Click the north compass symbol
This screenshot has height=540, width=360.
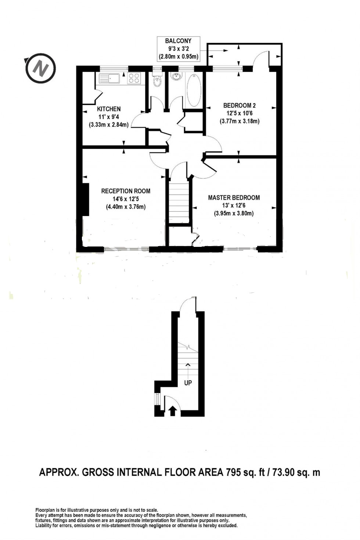[x=40, y=68]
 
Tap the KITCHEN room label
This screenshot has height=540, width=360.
[x=109, y=109]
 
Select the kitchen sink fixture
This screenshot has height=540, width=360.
[x=109, y=78]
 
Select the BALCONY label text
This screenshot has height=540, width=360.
[x=178, y=41]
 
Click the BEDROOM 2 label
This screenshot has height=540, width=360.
[x=240, y=106]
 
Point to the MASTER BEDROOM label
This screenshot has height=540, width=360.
[x=234, y=198]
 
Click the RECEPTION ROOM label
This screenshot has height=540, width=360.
[x=126, y=191]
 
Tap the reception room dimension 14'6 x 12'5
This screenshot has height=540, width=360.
[x=126, y=199]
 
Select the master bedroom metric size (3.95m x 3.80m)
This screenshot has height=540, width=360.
[x=234, y=213]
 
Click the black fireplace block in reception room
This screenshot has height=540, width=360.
[x=85, y=199]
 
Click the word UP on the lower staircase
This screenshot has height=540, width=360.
[x=188, y=383]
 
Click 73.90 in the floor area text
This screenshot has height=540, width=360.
[x=283, y=472]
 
